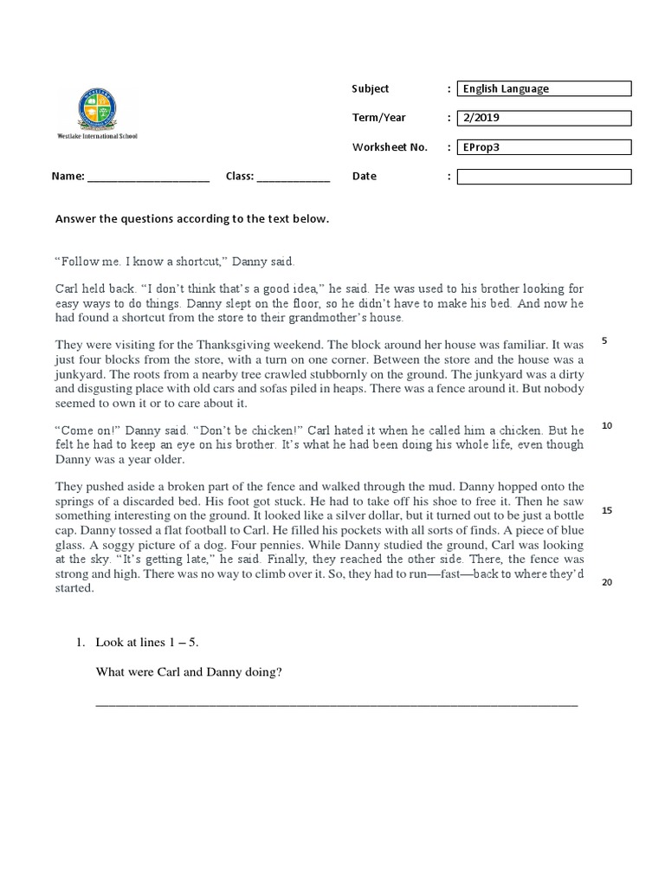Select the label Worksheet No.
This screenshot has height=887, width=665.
390,147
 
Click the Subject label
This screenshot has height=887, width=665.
371,88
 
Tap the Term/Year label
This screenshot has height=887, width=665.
378,118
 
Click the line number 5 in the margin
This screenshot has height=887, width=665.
604,340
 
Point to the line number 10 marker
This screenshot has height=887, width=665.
606,425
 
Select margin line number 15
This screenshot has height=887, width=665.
606,510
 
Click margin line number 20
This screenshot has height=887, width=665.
606,582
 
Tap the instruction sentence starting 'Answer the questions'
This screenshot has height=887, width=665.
192,219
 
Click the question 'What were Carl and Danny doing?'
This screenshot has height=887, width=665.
189,673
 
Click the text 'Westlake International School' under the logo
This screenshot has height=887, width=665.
97,136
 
